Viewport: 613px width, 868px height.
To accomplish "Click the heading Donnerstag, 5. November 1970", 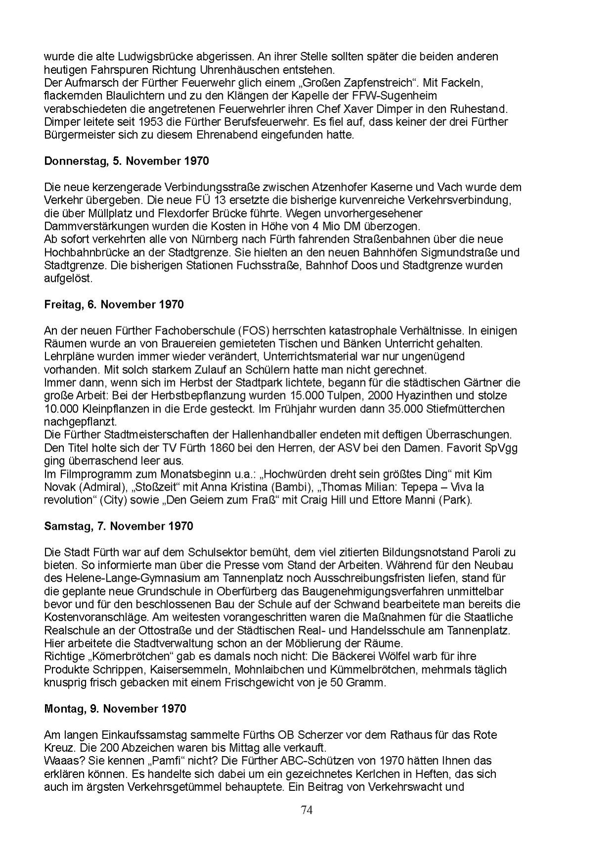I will pos(126,161).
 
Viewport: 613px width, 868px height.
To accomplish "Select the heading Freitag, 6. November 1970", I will pos(114,305).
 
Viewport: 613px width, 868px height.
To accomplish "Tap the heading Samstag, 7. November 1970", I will pos(118,526).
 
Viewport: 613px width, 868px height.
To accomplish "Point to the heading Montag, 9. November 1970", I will pos(115,709).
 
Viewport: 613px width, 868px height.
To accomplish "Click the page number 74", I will pos(307,810).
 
